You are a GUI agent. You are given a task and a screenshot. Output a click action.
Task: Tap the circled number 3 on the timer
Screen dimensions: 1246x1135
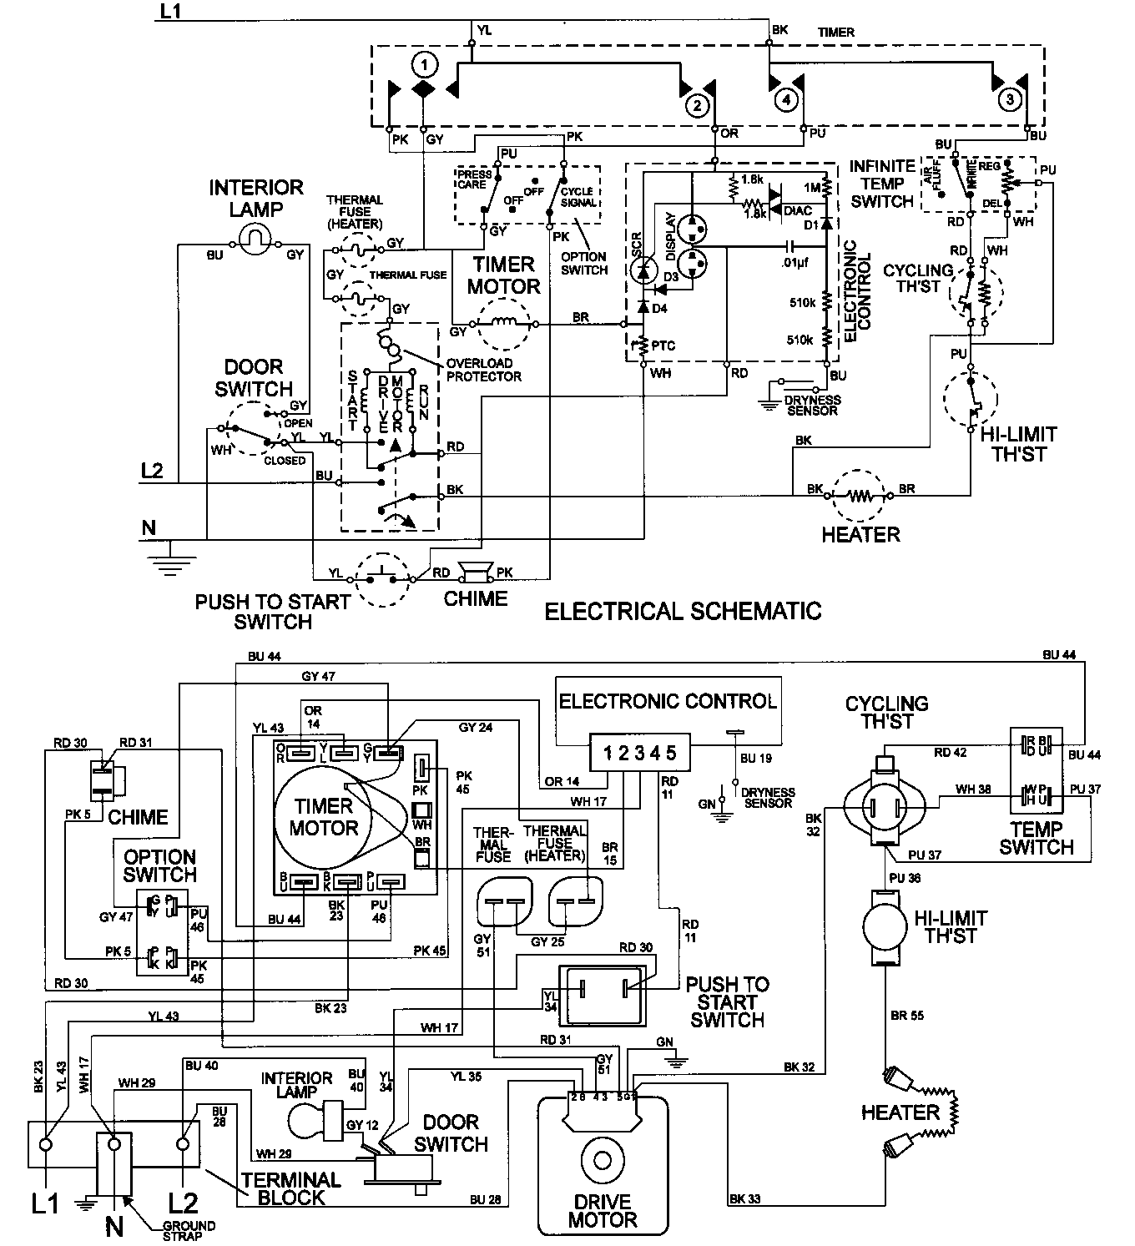(x=1010, y=100)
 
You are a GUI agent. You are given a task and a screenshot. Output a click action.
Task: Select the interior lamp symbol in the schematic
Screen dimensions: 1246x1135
(x=255, y=241)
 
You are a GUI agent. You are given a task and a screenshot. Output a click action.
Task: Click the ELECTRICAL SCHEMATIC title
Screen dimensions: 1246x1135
(x=683, y=612)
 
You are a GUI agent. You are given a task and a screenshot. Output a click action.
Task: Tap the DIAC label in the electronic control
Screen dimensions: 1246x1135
(x=799, y=211)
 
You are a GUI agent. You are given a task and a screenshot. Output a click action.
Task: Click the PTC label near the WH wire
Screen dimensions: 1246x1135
(x=664, y=346)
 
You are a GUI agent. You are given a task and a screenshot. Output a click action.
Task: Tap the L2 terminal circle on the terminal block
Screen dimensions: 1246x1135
(x=183, y=1143)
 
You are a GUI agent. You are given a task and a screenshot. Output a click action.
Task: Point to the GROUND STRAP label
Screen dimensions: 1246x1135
(x=189, y=1231)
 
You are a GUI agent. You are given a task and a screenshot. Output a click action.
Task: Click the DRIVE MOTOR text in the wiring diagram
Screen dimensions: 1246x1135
(x=602, y=1210)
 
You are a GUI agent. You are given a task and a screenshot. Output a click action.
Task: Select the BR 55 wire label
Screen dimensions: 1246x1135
(x=905, y=1016)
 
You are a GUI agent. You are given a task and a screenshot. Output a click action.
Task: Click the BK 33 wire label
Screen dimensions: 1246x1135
(x=743, y=1200)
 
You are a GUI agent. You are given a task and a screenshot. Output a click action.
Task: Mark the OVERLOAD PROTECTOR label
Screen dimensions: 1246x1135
(x=484, y=370)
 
